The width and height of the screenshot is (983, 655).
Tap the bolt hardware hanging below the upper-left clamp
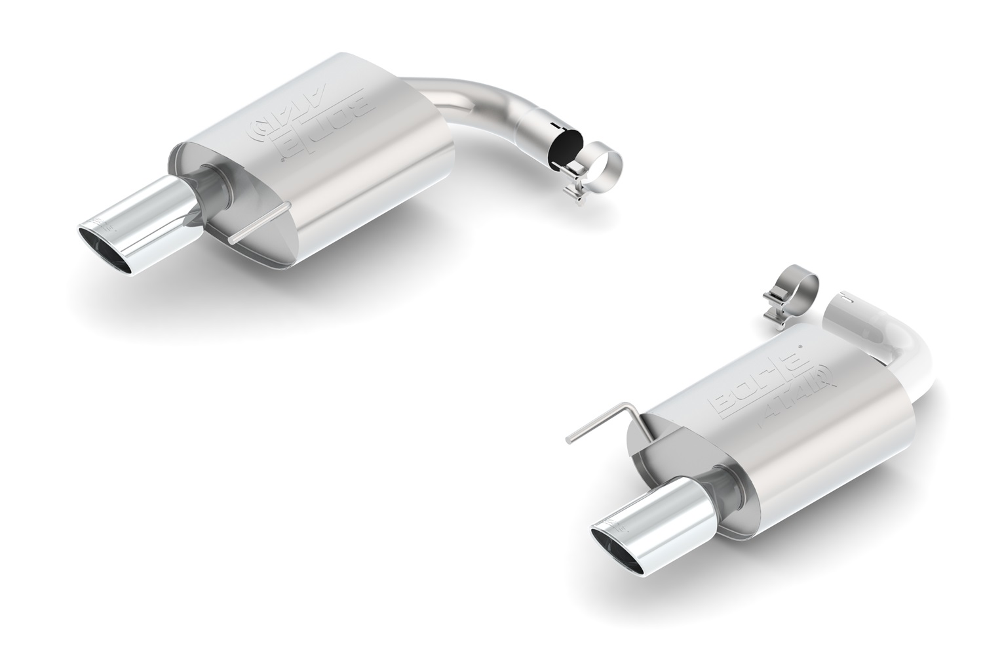point(577,193)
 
